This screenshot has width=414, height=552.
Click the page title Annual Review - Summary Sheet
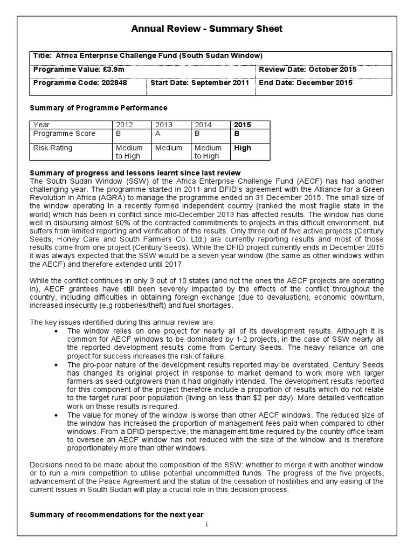point(206,29)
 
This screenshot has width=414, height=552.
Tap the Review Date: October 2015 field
point(308,70)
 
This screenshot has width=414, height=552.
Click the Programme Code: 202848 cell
point(80,83)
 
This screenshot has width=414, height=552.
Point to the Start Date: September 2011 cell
point(199,83)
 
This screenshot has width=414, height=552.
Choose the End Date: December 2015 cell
point(306,83)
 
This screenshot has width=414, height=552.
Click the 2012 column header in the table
point(124,125)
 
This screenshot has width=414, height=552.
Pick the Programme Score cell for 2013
point(157,133)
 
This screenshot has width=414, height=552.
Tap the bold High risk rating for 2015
point(242,148)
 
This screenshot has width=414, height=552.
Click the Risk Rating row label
point(52,148)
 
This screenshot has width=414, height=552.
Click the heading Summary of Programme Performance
point(98,108)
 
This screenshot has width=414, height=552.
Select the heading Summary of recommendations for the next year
point(116,514)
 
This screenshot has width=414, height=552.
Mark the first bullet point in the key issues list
point(57,331)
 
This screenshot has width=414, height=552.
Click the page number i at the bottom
point(206,523)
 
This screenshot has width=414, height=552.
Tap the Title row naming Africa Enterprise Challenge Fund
point(148,56)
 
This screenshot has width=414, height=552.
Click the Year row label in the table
point(42,125)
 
